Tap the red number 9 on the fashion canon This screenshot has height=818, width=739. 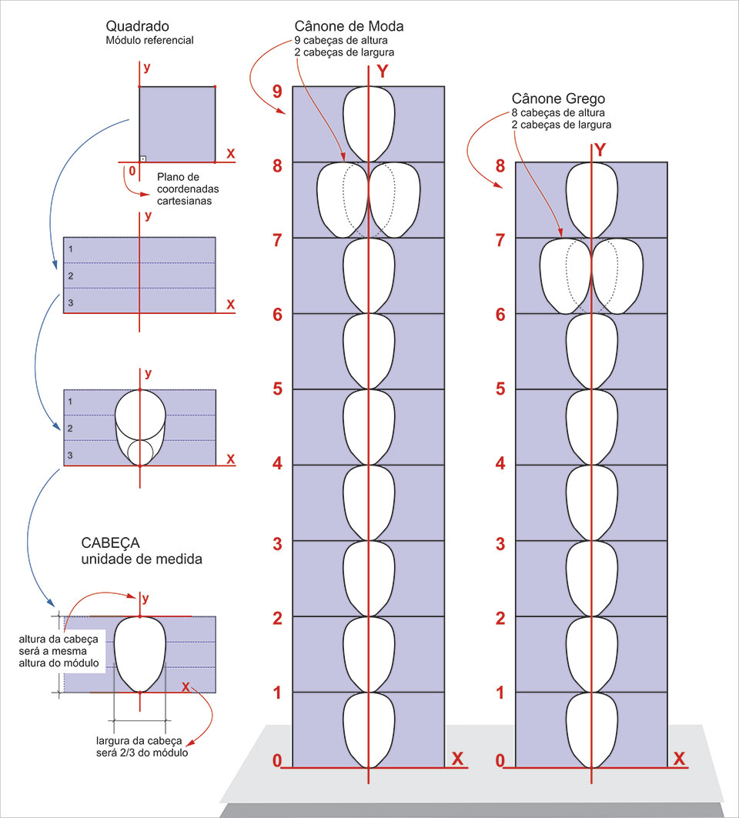click(277, 92)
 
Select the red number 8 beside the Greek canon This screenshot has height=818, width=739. click(500, 166)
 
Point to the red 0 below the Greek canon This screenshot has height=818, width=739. click(500, 761)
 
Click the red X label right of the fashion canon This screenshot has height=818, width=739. click(457, 759)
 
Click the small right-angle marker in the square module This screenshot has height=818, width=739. click(143, 158)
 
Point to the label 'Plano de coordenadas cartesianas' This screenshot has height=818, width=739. click(183, 188)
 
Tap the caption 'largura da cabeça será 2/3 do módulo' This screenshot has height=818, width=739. click(142, 746)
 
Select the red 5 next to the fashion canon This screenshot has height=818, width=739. click(277, 389)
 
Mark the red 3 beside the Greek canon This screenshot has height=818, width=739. click(500, 543)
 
